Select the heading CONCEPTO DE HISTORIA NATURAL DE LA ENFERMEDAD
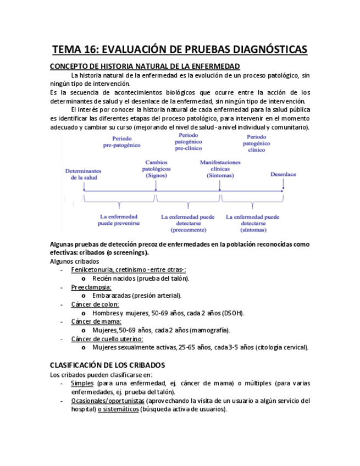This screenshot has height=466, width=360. coord(145,66)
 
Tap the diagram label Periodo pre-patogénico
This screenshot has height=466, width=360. coord(121,142)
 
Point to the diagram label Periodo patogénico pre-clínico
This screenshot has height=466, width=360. coord(189,141)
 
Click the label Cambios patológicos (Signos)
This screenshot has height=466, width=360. coord(156,169)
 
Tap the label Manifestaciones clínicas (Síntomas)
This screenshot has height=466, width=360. coord(220,169)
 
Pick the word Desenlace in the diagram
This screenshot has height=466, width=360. coord(283,174)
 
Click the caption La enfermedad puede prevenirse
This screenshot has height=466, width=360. coord(119,220)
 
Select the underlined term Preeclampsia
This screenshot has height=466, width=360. coord(91,287)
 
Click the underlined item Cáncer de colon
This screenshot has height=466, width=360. coord(95,304)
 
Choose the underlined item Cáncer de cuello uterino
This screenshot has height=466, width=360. coord(107,339)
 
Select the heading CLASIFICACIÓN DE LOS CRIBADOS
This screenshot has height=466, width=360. coord(107,365)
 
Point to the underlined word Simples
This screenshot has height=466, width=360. coord(82,383)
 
